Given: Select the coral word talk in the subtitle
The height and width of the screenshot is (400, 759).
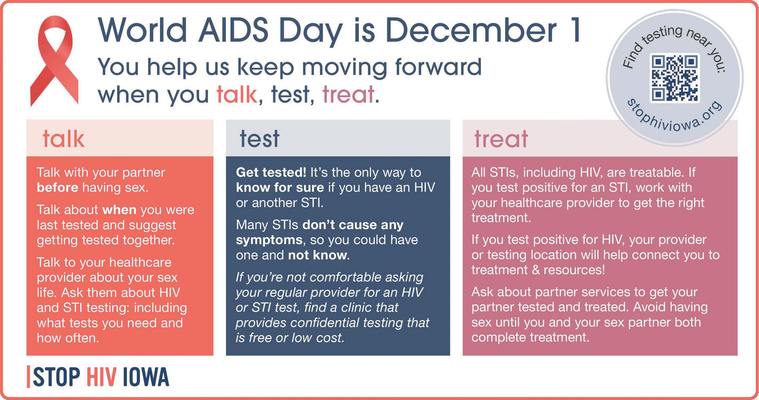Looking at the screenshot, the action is [x=237, y=94].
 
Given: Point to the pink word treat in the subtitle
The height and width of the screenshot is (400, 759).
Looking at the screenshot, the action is [x=348, y=94].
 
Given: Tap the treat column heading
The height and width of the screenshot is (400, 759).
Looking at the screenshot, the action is [x=501, y=139].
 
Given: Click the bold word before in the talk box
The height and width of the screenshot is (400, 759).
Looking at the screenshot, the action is [x=57, y=188].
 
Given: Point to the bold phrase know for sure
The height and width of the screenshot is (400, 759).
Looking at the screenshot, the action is [x=280, y=188].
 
